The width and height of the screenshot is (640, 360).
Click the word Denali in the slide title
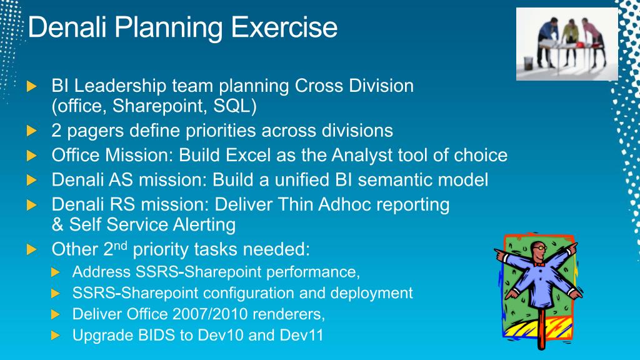67,27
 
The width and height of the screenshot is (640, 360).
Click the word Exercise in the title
284,27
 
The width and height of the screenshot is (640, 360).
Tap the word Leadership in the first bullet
120,86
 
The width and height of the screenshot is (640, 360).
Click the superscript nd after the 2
121,246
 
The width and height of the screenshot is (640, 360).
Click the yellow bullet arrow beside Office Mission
31,156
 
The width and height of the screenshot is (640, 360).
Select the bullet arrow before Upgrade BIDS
56,336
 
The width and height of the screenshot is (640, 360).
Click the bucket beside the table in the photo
529,63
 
